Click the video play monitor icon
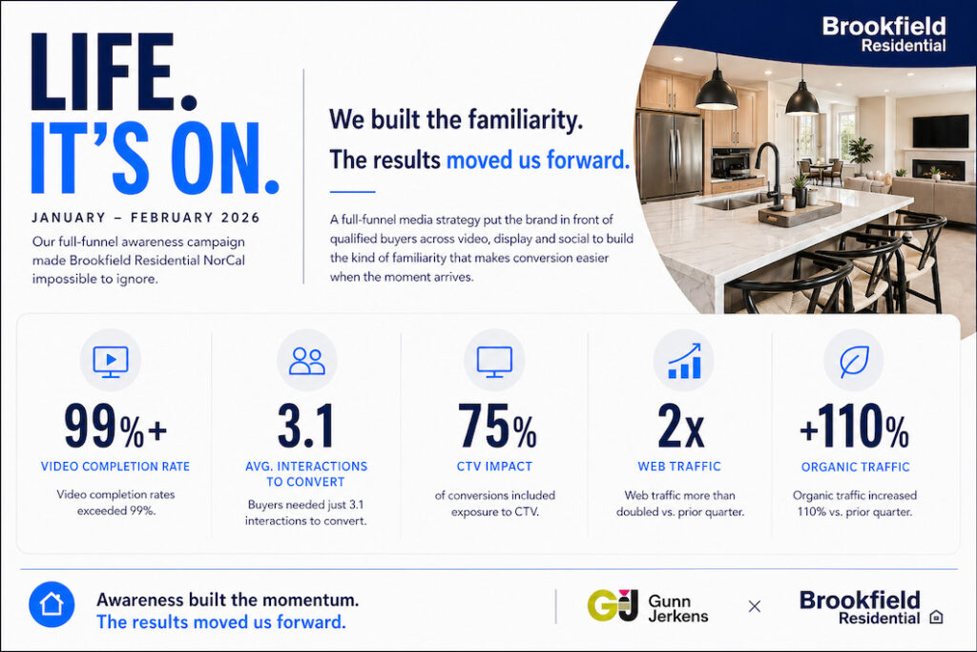(111, 361)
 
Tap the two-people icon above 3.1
(307, 361)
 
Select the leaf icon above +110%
(854, 361)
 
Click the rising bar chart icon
(684, 361)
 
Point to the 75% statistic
(496, 427)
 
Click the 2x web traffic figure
(680, 427)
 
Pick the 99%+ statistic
(115, 427)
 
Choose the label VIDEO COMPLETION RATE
(115, 466)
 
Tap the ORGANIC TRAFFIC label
(856, 467)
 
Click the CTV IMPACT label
(495, 466)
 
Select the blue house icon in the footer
(52, 604)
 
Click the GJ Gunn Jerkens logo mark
(613, 605)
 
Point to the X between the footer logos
(755, 606)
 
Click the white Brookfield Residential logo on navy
(883, 34)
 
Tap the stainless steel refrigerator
(669, 155)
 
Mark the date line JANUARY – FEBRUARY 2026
(146, 218)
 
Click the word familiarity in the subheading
(526, 119)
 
